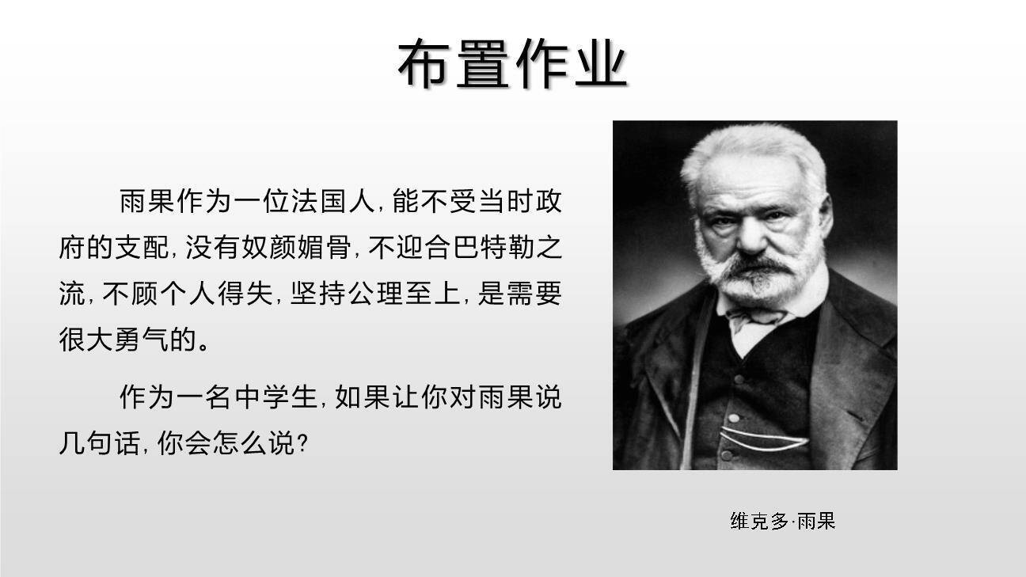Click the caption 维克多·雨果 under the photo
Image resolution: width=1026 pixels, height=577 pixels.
point(782,521)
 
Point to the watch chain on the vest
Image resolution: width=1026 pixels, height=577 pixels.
point(756,438)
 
